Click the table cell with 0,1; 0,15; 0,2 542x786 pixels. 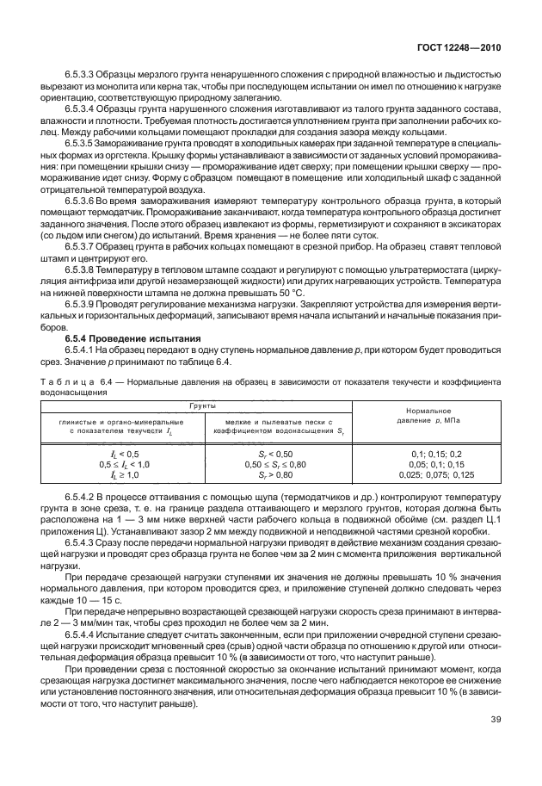(x=430, y=453)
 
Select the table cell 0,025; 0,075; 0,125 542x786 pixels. (x=430, y=473)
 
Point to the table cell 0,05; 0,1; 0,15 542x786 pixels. (x=430, y=463)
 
